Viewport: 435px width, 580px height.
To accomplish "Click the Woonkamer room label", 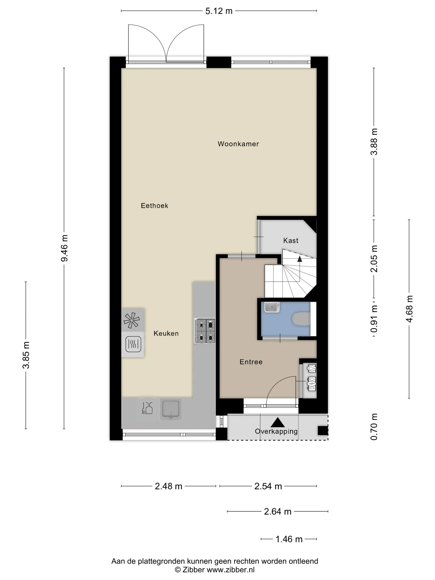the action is (238, 144).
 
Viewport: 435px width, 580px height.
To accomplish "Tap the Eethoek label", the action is (155, 205).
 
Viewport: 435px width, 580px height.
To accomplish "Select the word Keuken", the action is (166, 333).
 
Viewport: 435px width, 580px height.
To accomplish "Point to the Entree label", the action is (251, 362).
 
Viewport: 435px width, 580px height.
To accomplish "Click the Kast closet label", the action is (291, 240).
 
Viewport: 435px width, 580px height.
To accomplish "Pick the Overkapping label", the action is (276, 431).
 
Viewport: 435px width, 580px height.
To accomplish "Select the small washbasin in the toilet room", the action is (272, 307).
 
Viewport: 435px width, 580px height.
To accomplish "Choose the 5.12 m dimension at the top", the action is (219, 11).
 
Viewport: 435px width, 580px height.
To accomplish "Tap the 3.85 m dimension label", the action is (26, 355).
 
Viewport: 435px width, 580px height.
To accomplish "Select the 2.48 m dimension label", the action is (168, 486).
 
